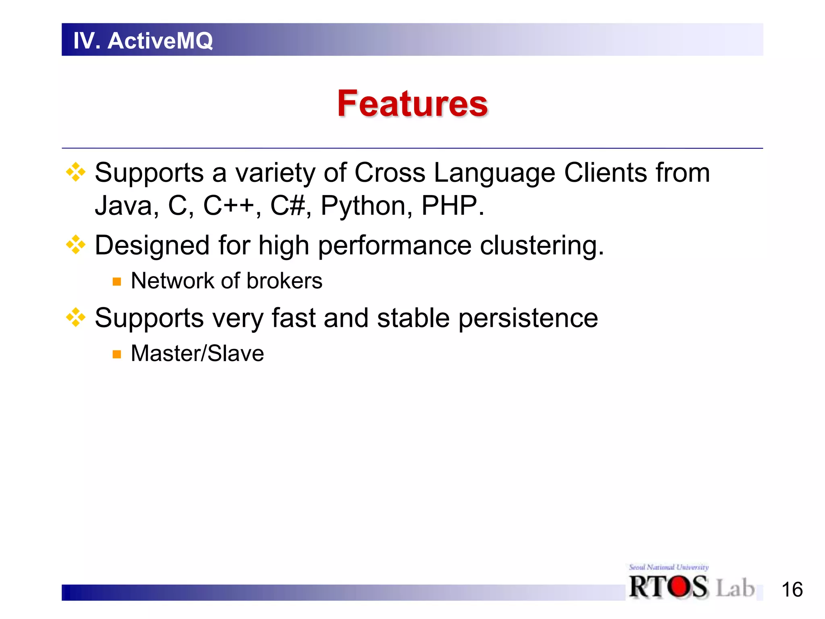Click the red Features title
click(x=412, y=104)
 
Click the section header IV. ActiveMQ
click(x=143, y=41)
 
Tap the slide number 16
click(x=792, y=590)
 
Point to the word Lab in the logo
click(x=735, y=588)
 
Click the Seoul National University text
click(x=668, y=567)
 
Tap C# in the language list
click(x=287, y=206)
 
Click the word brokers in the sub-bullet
click(x=284, y=281)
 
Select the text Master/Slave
click(x=197, y=353)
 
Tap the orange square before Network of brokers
click(x=117, y=282)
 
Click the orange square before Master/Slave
click(x=117, y=354)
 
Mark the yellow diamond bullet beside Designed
click(x=76, y=245)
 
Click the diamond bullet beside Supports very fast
click(x=76, y=317)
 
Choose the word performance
click(x=394, y=245)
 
